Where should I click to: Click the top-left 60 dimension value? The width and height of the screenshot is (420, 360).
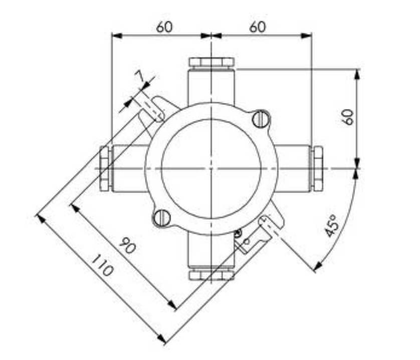pyautogui.click(x=164, y=27)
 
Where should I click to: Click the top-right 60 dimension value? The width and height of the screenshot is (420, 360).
pyautogui.click(x=258, y=27)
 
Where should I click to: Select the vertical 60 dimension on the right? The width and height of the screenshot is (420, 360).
pyautogui.click(x=348, y=117)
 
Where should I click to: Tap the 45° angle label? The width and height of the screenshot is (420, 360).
pyautogui.click(x=331, y=226)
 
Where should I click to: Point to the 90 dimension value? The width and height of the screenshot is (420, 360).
pyautogui.click(x=127, y=245)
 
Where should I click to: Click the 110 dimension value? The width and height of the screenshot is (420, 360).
pyautogui.click(x=102, y=265)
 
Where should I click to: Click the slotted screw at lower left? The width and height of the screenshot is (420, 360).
pyautogui.click(x=162, y=217)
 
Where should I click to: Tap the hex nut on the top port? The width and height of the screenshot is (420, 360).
pyautogui.click(x=212, y=62)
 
